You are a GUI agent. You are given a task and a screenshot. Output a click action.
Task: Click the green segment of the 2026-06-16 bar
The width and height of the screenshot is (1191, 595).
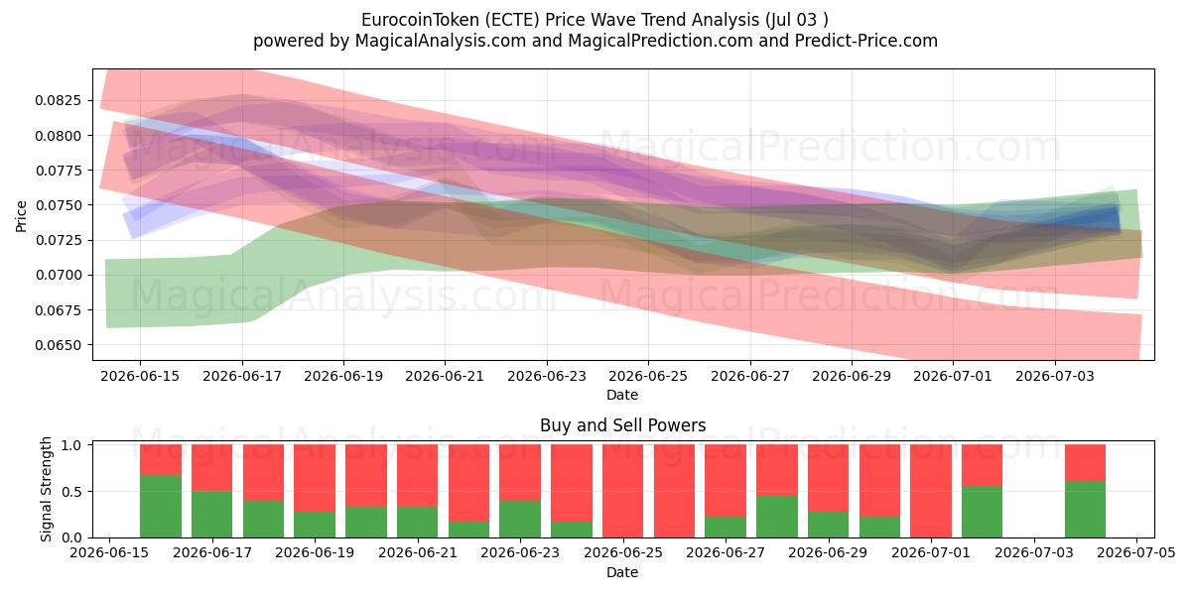161,507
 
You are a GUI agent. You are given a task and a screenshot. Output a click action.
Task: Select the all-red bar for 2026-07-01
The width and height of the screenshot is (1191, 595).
931,491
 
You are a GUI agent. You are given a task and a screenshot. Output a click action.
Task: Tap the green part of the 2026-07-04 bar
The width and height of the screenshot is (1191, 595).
1085,510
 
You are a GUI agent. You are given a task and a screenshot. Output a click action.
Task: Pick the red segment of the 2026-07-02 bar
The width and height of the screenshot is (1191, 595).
982,465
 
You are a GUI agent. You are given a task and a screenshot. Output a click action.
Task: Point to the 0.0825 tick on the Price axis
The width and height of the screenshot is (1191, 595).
58,100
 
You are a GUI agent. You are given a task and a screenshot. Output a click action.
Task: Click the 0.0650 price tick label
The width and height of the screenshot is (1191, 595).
58,345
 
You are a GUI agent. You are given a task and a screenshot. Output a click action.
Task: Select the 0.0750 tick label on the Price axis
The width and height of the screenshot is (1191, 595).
58,205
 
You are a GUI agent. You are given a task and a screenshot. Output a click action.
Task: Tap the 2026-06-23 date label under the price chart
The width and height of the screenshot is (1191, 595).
547,376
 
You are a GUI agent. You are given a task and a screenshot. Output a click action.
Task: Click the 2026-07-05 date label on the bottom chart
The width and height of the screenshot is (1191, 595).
1136,552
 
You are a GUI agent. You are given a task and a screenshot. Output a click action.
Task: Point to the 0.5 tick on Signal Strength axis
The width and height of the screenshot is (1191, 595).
71,492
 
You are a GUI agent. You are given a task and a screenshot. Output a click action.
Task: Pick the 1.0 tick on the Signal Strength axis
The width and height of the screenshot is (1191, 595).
71,445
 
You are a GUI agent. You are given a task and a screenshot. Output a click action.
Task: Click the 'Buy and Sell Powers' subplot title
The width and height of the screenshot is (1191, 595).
622,425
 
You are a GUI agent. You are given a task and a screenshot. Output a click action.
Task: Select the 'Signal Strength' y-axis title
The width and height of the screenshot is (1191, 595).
47,489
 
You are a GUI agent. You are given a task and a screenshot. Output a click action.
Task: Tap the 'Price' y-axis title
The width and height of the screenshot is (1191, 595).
21,216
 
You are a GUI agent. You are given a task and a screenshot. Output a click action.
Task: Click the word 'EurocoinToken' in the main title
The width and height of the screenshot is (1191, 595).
420,20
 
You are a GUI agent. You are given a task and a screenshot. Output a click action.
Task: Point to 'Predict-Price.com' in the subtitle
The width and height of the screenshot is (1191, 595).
866,41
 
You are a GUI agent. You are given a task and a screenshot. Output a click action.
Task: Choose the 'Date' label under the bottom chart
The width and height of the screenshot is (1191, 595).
622,572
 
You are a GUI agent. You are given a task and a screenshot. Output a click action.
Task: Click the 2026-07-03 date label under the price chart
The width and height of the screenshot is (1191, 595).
1055,376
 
